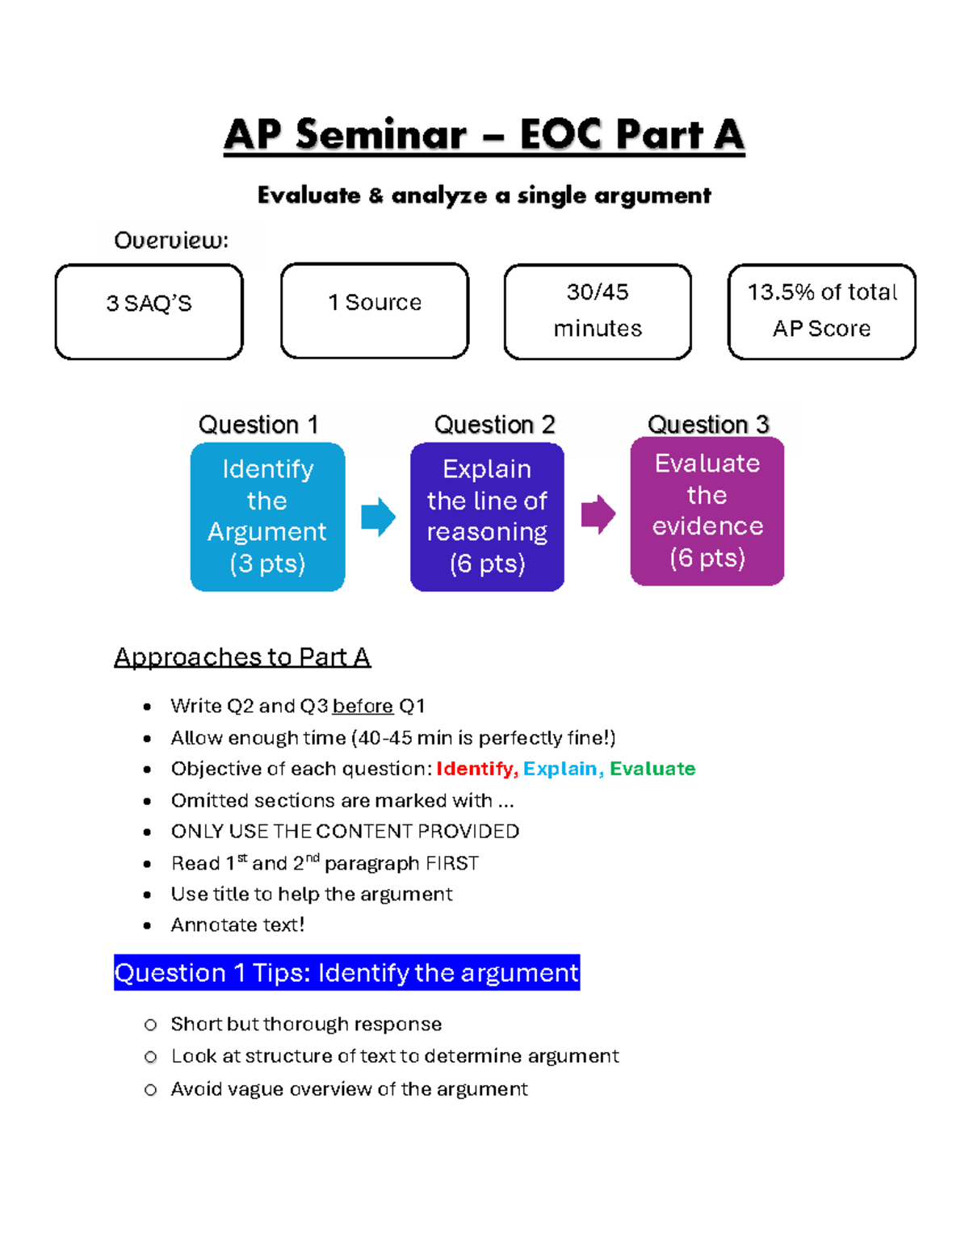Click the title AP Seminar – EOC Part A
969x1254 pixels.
tap(484, 135)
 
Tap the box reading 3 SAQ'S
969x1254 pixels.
tap(149, 312)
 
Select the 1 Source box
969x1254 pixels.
tap(375, 310)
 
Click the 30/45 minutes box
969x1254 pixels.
tap(598, 312)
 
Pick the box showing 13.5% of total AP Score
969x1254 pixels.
tap(821, 312)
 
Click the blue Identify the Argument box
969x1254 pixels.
tap(267, 517)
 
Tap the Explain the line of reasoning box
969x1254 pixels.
tap(487, 517)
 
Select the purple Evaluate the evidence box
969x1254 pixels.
tap(707, 511)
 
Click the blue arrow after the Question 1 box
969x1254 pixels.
tap(378, 517)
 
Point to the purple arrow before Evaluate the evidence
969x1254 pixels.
tap(598, 514)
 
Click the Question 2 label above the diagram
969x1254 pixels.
tap(494, 425)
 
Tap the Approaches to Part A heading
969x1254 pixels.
tap(242, 657)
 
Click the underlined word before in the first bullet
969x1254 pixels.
tap(363, 707)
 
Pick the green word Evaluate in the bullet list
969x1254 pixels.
tap(652, 769)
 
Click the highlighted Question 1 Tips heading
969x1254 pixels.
tap(346, 973)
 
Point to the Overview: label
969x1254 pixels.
tap(171, 241)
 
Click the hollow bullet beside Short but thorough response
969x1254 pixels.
tap(150, 1025)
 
